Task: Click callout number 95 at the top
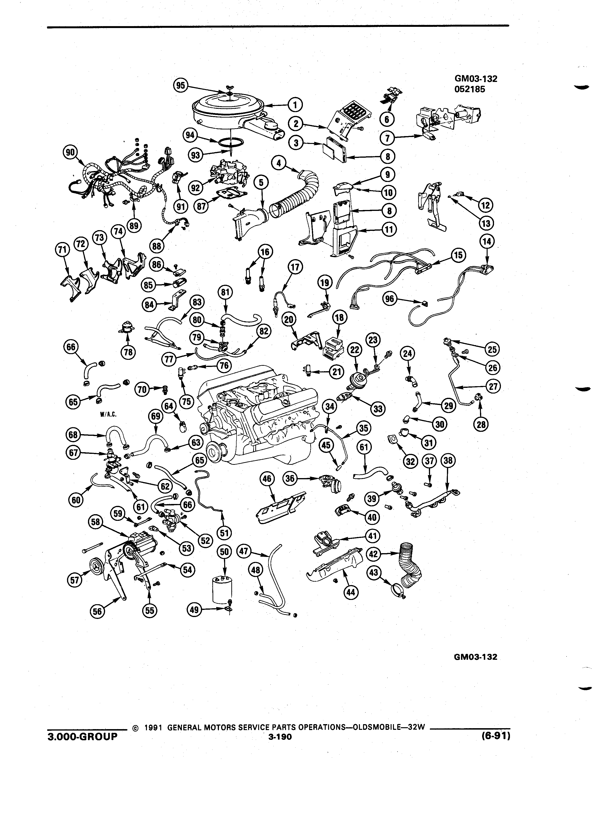click(x=181, y=85)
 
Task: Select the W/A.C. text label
click(x=108, y=414)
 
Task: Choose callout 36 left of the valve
click(x=290, y=479)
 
